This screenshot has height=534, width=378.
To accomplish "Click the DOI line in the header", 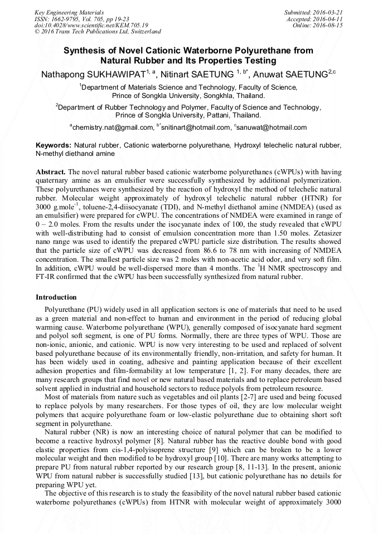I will [91, 26].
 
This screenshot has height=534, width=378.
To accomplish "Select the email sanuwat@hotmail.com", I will [272, 128].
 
